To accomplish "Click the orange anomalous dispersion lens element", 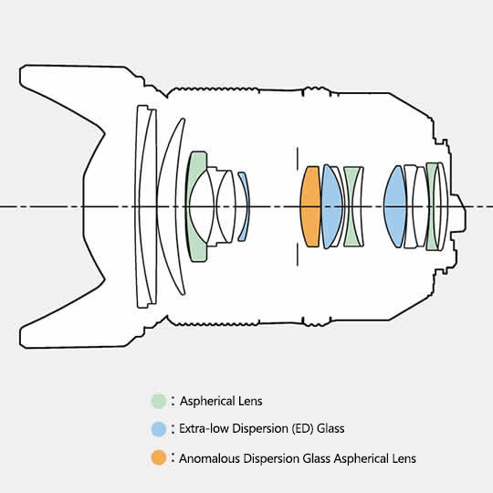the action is pyautogui.click(x=310, y=206).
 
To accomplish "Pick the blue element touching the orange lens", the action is pyautogui.click(x=330, y=206).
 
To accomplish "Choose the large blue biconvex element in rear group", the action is pyautogui.click(x=395, y=206).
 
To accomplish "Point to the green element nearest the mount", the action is pyautogui.click(x=433, y=206).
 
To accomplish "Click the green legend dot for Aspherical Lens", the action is pyautogui.click(x=159, y=401).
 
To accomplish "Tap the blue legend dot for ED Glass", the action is pyautogui.click(x=159, y=429).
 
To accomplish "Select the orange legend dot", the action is pyautogui.click(x=159, y=457).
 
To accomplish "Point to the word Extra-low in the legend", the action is pyautogui.click(x=204, y=428).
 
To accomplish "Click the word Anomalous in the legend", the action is pyautogui.click(x=209, y=458).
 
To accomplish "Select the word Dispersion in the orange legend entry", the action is pyautogui.click(x=272, y=458).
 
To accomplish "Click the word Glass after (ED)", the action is pyautogui.click(x=330, y=428).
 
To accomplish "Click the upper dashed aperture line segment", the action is pyautogui.click(x=298, y=159).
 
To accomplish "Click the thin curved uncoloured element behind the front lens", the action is pyautogui.click(x=170, y=206).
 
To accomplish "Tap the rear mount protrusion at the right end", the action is pyautogui.click(x=458, y=206).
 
